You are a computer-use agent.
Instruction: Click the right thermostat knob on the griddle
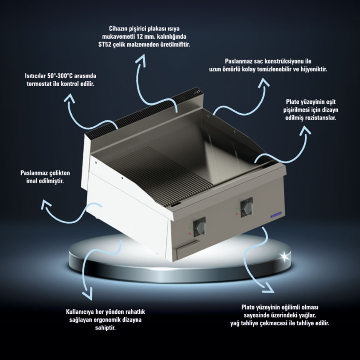(x=247, y=208)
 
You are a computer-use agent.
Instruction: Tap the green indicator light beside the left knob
(x=190, y=228)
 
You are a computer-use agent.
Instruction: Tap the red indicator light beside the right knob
(x=237, y=214)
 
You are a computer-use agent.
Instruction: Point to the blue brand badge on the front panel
(x=276, y=215)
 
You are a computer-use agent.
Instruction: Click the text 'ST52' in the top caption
(x=105, y=45)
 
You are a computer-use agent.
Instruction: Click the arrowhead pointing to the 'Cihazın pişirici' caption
(x=140, y=60)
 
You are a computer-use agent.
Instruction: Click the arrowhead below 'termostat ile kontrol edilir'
(x=69, y=98)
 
